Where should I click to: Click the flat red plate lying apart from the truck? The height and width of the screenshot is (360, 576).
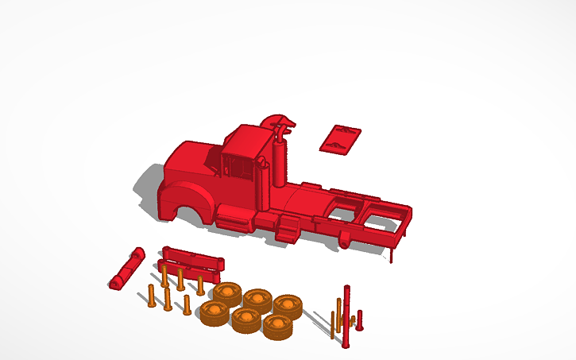click(x=340, y=138)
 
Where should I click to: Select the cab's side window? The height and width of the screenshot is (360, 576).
click(x=238, y=168)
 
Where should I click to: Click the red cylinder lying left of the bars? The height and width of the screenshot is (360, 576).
click(x=127, y=269)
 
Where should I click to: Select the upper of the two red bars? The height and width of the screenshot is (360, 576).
click(x=193, y=255)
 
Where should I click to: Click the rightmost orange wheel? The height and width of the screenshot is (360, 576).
click(x=287, y=306)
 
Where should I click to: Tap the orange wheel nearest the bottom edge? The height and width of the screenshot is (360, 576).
click(x=277, y=327)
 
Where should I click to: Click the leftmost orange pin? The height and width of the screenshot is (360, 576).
click(x=150, y=296)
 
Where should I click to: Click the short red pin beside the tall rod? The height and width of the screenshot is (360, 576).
click(x=360, y=321)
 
